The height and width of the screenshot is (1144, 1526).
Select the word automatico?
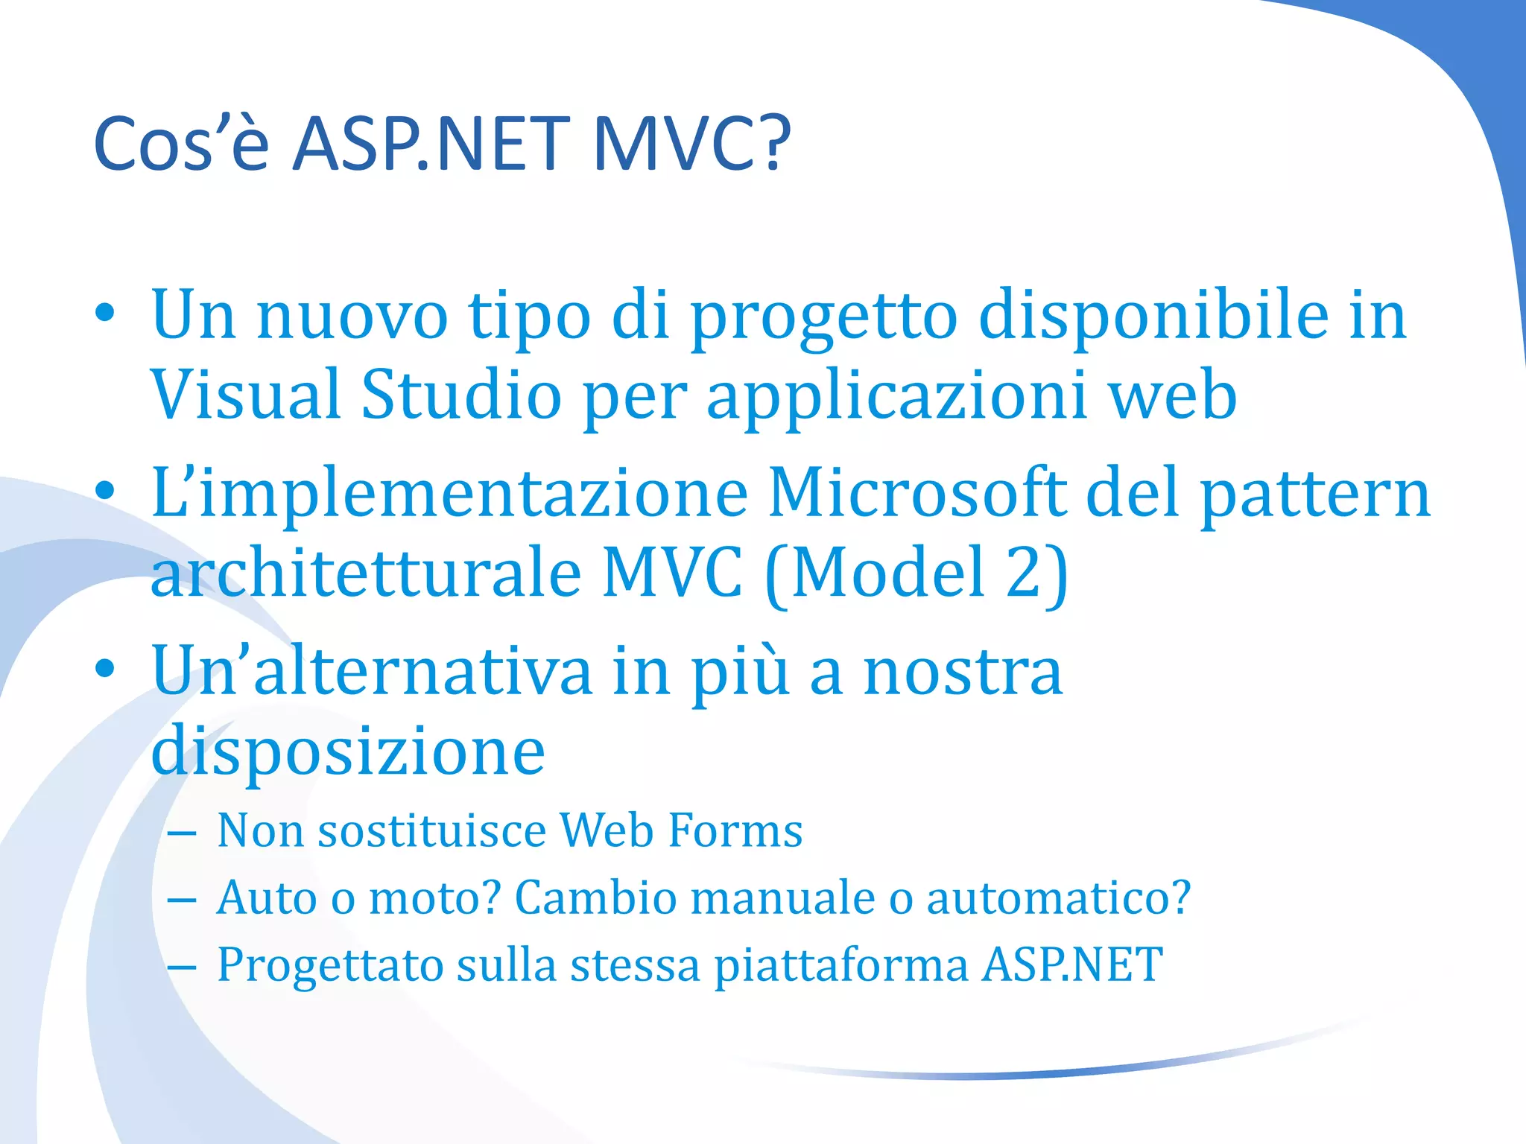(x=1058, y=897)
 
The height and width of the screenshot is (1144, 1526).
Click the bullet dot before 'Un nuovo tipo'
(x=105, y=314)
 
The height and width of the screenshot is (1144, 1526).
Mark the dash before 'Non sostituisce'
(x=182, y=833)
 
